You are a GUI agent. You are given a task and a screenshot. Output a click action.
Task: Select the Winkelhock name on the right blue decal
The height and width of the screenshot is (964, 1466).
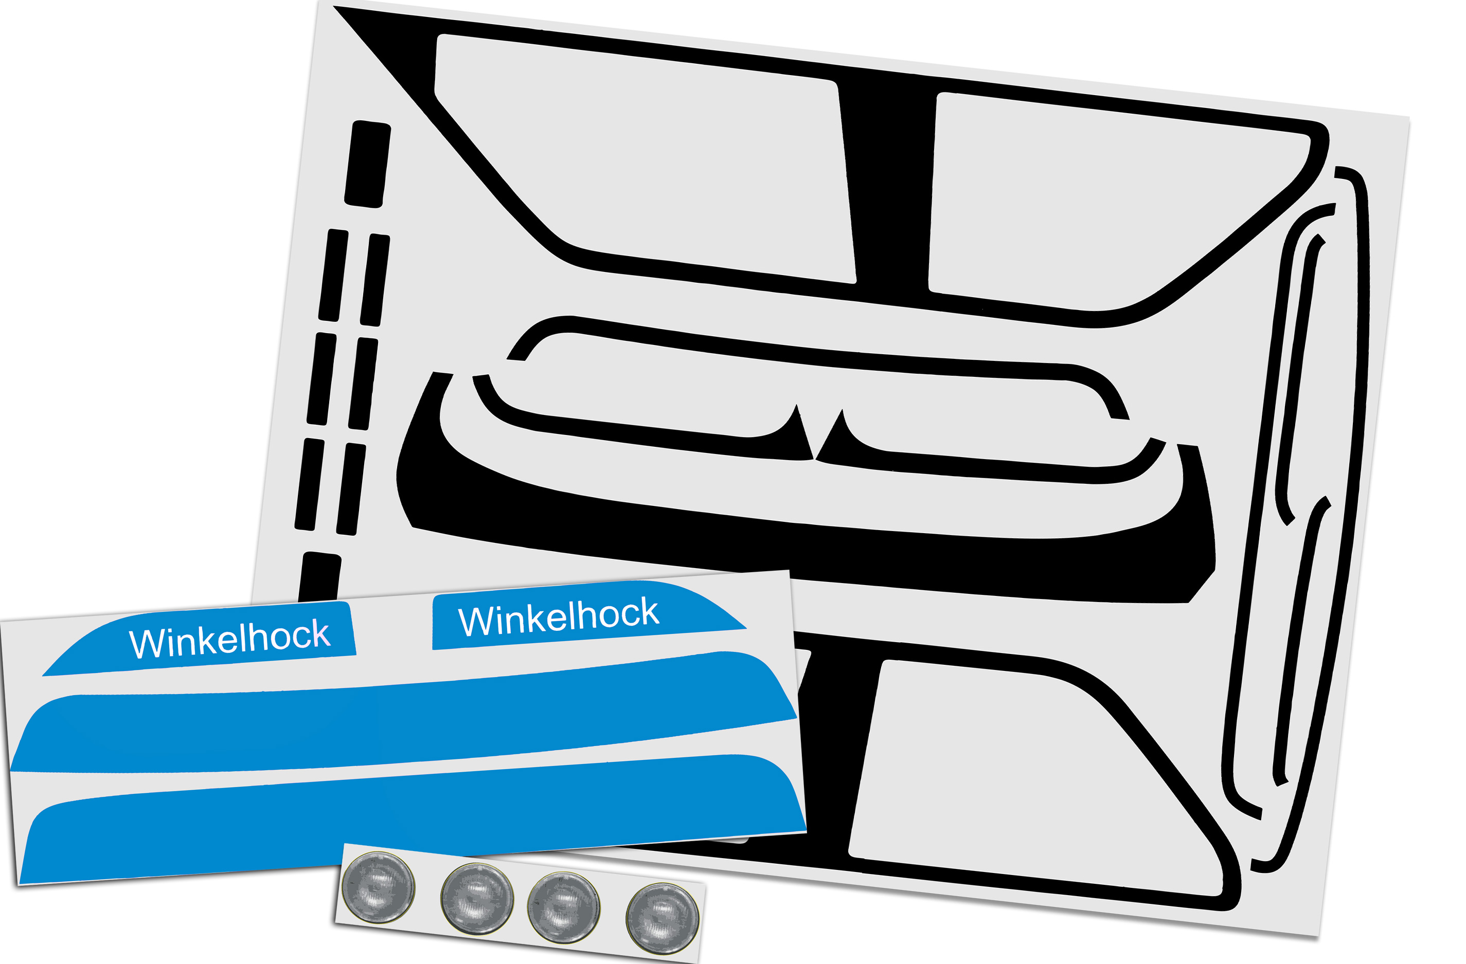[x=558, y=617]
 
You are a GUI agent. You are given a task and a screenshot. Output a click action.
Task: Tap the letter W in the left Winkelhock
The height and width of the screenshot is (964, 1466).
[x=143, y=645]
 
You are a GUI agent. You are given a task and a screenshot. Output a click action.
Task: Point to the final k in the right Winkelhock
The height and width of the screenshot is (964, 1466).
[x=648, y=612]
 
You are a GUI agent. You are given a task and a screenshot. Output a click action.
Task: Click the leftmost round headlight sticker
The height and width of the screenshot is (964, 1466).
[x=378, y=887]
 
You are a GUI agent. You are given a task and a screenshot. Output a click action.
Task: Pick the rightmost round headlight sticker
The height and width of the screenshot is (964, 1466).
[x=662, y=918]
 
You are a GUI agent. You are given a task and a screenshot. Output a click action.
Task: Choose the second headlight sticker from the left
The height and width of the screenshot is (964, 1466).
[x=477, y=898]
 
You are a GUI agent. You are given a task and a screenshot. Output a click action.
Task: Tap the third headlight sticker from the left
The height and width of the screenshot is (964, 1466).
[x=564, y=907]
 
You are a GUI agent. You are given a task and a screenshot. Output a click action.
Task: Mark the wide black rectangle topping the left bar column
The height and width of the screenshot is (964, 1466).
[x=367, y=163]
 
